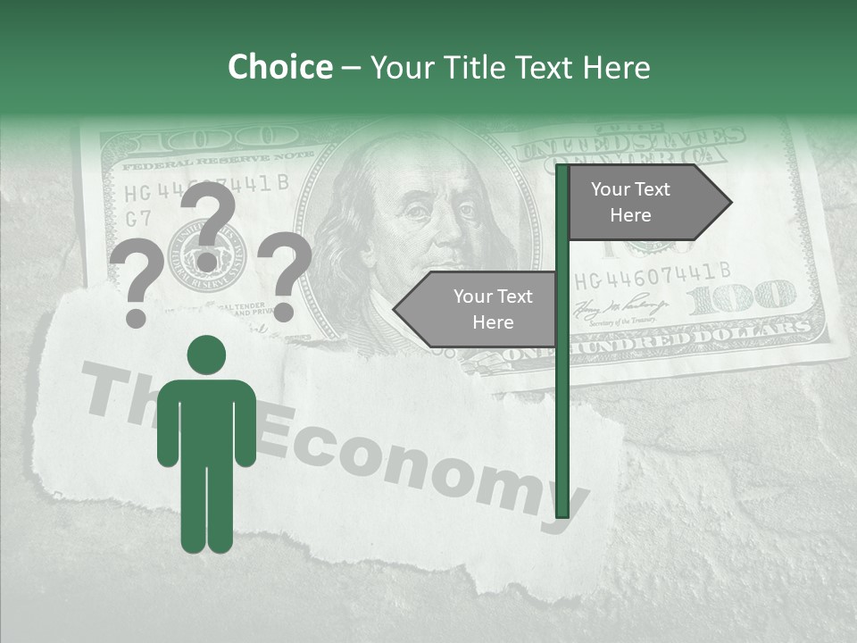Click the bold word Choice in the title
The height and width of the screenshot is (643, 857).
point(279,68)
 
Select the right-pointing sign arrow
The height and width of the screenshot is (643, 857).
point(648,203)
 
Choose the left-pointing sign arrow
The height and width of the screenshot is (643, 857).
point(477,309)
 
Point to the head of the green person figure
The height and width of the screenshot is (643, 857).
point(206,355)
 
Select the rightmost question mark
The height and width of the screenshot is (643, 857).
point(285,276)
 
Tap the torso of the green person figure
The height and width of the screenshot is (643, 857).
point(206,420)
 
